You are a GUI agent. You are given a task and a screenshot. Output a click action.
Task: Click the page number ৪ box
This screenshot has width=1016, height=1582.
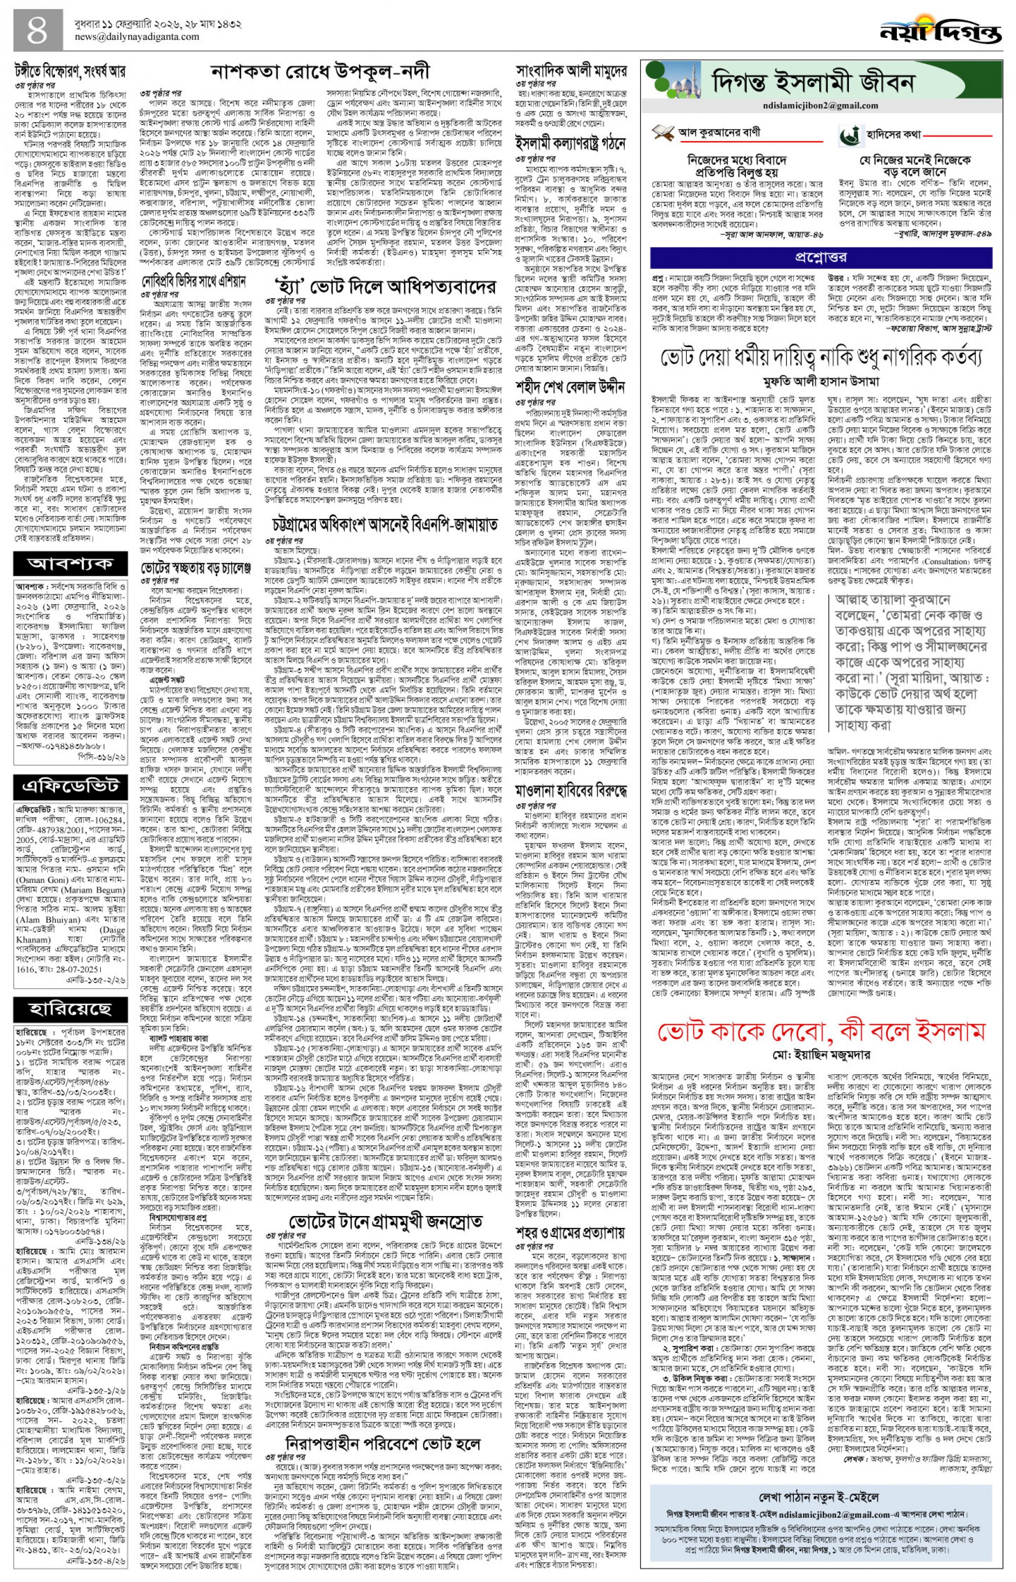38,30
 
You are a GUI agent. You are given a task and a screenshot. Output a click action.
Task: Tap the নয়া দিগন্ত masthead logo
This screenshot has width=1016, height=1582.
939,29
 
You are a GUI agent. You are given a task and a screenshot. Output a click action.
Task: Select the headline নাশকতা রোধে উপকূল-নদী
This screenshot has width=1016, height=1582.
321,71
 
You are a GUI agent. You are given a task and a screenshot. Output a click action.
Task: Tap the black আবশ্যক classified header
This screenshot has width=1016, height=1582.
70,564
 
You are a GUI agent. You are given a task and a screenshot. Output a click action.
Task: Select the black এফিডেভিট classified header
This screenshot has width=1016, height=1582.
70,786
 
